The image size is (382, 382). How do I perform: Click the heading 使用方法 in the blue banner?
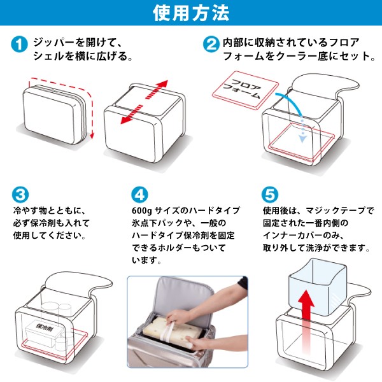[191, 13]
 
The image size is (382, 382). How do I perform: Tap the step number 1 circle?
[19, 44]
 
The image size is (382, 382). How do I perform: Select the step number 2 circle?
[211, 44]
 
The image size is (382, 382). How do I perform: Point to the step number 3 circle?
[20, 194]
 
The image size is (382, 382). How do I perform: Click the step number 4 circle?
[139, 194]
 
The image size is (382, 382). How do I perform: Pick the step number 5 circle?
[270, 194]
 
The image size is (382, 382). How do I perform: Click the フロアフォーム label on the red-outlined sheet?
[243, 88]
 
